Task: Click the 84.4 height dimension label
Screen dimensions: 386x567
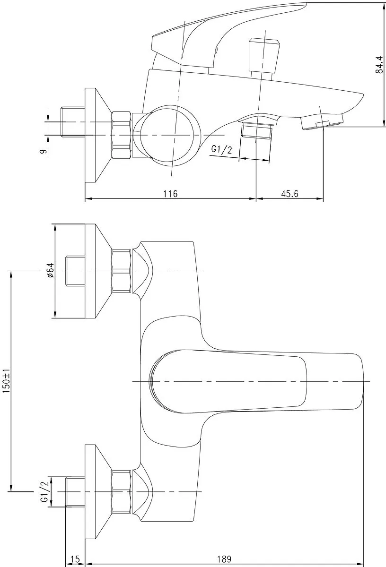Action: pyautogui.click(x=379, y=65)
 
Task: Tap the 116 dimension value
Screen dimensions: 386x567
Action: pyautogui.click(x=170, y=194)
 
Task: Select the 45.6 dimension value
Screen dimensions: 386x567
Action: pyautogui.click(x=289, y=194)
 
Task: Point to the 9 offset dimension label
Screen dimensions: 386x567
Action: pyautogui.click(x=44, y=152)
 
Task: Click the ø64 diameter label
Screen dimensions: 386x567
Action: pyautogui.click(x=51, y=271)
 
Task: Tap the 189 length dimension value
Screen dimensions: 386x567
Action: pyautogui.click(x=224, y=559)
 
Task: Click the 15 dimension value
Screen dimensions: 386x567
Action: pyautogui.click(x=75, y=559)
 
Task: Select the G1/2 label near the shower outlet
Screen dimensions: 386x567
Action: pyautogui.click(x=221, y=150)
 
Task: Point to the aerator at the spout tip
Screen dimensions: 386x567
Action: pyautogui.click(x=322, y=121)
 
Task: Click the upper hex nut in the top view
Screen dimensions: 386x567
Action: pyautogui.click(x=122, y=271)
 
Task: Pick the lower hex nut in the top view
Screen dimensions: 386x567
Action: pyautogui.click(x=122, y=491)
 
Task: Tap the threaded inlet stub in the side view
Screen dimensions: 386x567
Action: pyautogui.click(x=73, y=122)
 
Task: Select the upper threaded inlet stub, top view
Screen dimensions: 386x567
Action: pyautogui.click(x=75, y=271)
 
